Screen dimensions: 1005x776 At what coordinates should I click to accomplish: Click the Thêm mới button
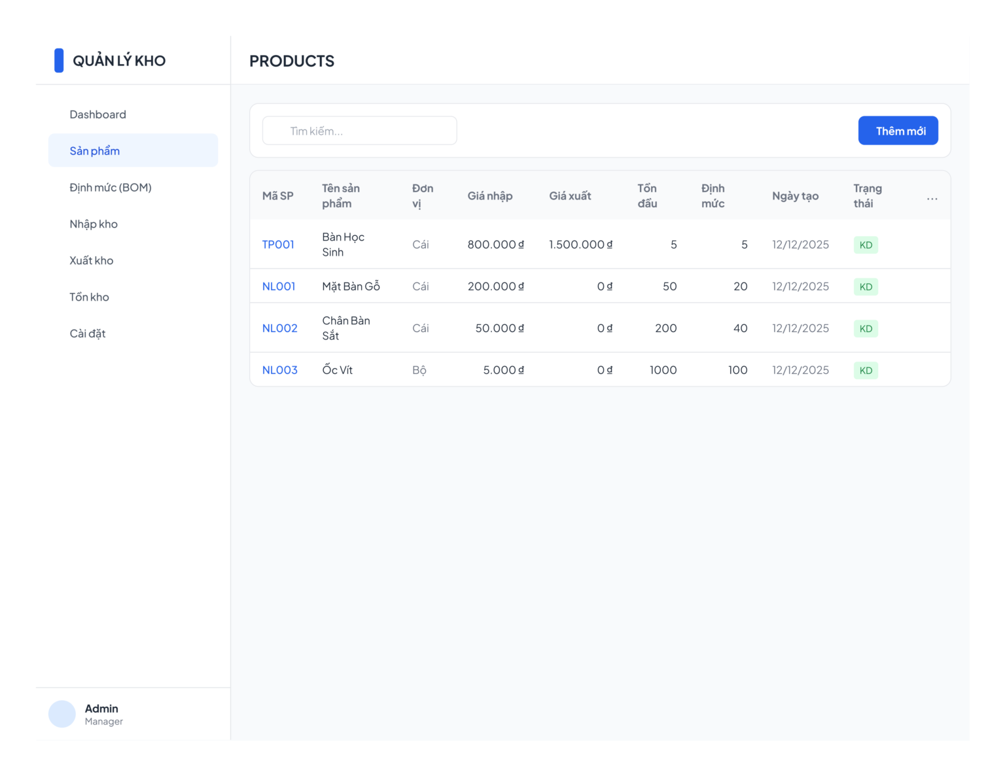pyautogui.click(x=898, y=131)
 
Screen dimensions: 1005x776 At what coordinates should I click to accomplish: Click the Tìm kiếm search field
pyautogui.click(x=359, y=131)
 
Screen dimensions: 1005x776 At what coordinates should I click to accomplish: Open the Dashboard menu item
pyautogui.click(x=97, y=114)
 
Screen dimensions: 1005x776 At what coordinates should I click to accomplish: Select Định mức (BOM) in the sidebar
pyautogui.click(x=111, y=187)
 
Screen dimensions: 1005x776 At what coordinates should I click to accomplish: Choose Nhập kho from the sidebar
pyautogui.click(x=94, y=224)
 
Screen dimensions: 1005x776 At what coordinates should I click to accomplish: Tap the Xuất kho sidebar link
pyautogui.click(x=91, y=260)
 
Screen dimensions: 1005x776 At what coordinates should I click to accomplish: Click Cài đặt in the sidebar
pyautogui.click(x=88, y=333)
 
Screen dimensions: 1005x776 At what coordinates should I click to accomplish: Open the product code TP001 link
pyautogui.click(x=278, y=245)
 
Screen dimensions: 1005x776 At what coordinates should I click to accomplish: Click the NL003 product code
pyautogui.click(x=280, y=370)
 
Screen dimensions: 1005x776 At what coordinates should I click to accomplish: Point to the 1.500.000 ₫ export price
pyautogui.click(x=580, y=245)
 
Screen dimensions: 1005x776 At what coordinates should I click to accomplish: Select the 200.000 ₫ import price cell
pyautogui.click(x=495, y=286)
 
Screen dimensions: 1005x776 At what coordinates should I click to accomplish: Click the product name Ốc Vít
pyautogui.click(x=337, y=369)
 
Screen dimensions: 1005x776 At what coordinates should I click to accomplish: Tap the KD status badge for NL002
pyautogui.click(x=866, y=328)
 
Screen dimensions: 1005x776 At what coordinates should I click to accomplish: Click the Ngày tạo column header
pyautogui.click(x=795, y=196)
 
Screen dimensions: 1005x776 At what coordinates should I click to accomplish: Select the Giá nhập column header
pyautogui.click(x=490, y=196)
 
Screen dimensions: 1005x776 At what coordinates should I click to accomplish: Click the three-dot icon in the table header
pyautogui.click(x=932, y=199)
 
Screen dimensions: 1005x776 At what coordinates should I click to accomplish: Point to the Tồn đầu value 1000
pyautogui.click(x=663, y=370)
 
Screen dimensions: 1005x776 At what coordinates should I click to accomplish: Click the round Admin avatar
pyautogui.click(x=62, y=714)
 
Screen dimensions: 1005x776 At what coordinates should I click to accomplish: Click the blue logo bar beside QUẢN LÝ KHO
pyautogui.click(x=59, y=61)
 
